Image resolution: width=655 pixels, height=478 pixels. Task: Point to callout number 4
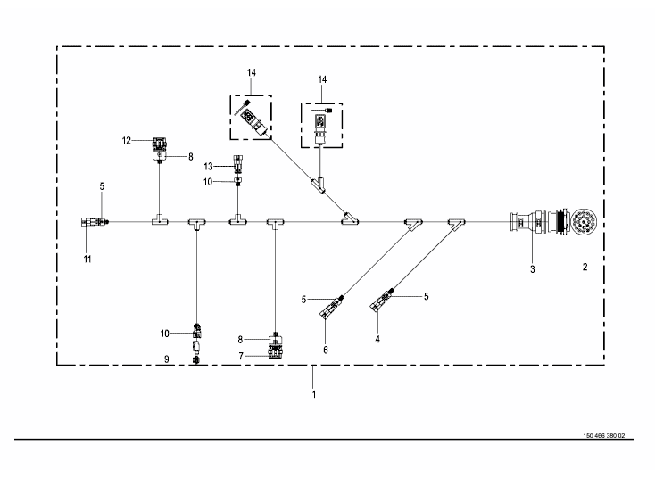pyautogui.click(x=377, y=339)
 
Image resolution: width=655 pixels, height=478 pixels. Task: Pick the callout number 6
pyautogui.click(x=326, y=350)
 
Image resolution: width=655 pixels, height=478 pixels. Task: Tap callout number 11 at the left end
pyautogui.click(x=87, y=258)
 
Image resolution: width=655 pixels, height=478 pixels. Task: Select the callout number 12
pyautogui.click(x=127, y=140)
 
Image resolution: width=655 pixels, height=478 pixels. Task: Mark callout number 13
pyautogui.click(x=207, y=166)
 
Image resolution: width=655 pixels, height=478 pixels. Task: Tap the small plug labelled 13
pyautogui.click(x=236, y=164)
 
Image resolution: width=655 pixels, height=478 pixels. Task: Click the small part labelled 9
pyautogui.click(x=196, y=359)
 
